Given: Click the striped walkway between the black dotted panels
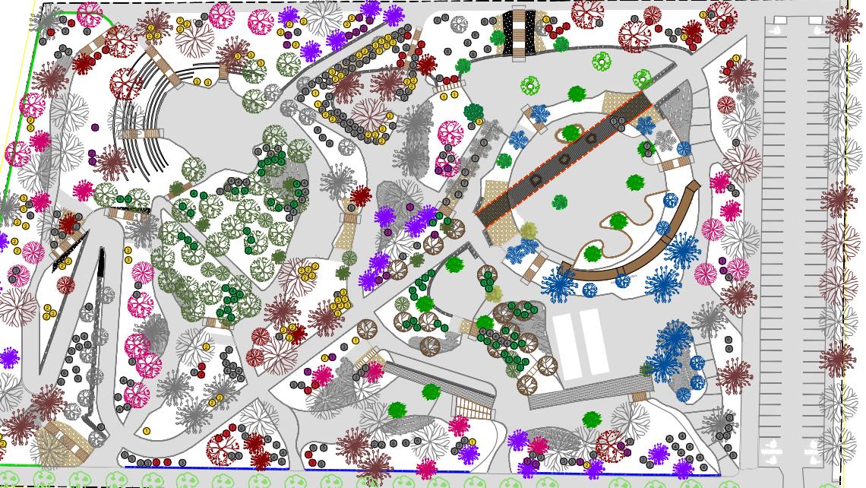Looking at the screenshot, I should click(x=520, y=33).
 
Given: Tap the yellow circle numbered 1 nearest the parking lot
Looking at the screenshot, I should click(x=736, y=59).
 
